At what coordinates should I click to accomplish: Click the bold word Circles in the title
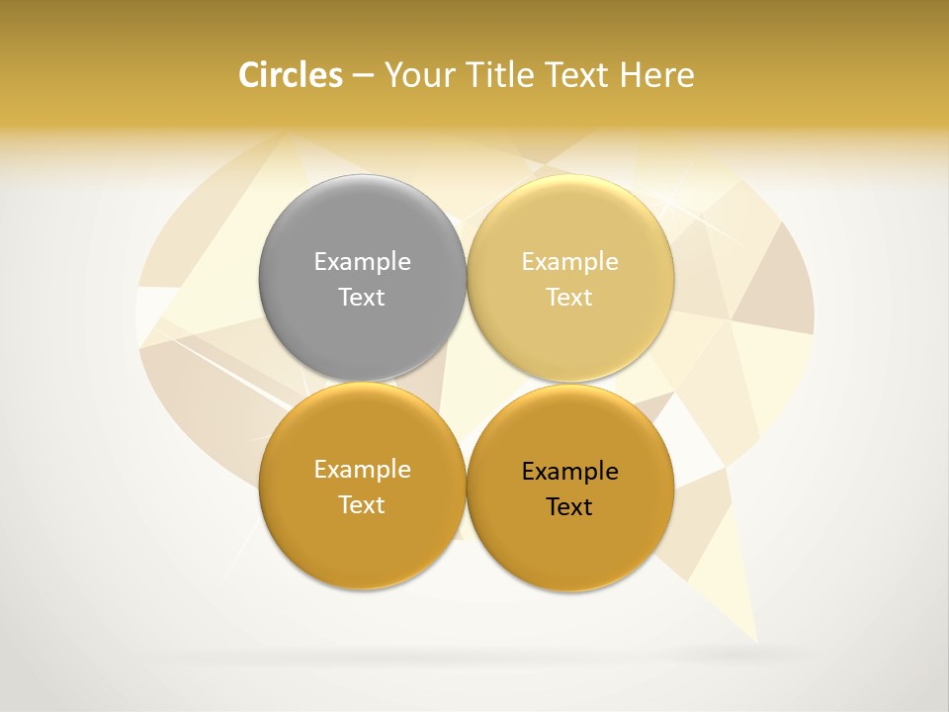[291, 75]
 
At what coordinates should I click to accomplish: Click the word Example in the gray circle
[362, 262]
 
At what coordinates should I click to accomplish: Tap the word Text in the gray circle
[362, 298]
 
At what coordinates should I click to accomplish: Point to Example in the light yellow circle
[570, 262]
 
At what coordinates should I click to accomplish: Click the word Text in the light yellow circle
[570, 298]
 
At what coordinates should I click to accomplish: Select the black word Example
[570, 472]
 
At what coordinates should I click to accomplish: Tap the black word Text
[569, 507]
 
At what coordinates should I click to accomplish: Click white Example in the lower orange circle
[362, 470]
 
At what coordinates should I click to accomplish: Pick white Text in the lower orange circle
[362, 505]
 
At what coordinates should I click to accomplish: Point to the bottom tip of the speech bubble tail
[756, 641]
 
